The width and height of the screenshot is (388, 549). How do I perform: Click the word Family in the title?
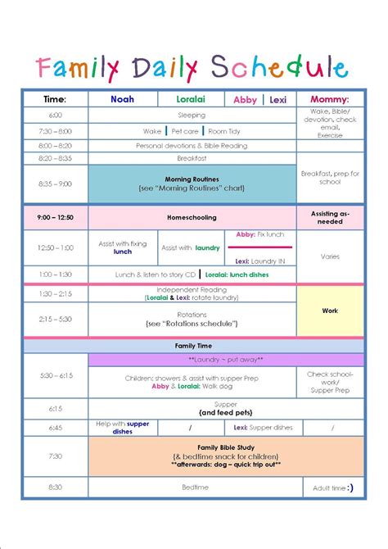[75, 67]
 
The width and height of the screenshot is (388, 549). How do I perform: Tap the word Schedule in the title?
[278, 67]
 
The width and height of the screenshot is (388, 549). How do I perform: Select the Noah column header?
[122, 99]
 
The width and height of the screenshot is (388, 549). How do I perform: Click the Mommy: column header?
[330, 99]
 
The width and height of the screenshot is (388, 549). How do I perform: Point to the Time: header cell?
[55, 99]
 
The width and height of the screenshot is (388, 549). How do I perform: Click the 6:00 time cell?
[55, 116]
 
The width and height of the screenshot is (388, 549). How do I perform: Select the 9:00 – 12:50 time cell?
[55, 217]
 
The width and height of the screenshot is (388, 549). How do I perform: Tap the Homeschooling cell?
[192, 217]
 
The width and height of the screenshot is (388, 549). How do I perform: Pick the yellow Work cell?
[330, 311]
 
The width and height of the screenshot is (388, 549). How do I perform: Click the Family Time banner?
[193, 346]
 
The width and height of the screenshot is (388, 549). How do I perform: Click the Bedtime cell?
[192, 487]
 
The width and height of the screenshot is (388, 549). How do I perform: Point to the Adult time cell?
[330, 487]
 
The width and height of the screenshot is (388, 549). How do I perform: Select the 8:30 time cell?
[55, 487]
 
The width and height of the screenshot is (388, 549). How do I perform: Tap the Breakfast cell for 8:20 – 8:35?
[192, 158]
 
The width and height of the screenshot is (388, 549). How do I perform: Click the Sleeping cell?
[192, 116]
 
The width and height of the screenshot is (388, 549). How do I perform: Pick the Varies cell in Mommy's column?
[330, 256]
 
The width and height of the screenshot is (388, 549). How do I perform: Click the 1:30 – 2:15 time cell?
[55, 293]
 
